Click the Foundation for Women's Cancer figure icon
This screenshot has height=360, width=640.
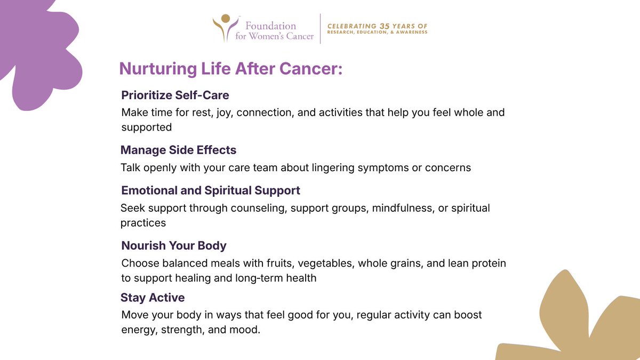pos(225,27)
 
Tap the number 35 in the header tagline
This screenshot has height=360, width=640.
pos(385,26)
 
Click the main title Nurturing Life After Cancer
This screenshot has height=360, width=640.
pos(230,69)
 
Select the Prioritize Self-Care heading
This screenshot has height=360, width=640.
pos(175,95)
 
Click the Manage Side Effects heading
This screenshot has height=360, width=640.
pos(178,150)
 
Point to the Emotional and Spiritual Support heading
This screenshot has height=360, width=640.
pos(211,190)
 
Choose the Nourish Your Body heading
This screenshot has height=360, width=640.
pos(174,246)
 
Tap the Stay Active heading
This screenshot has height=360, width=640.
pos(153,298)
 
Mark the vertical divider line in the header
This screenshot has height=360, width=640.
pos(320,28)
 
